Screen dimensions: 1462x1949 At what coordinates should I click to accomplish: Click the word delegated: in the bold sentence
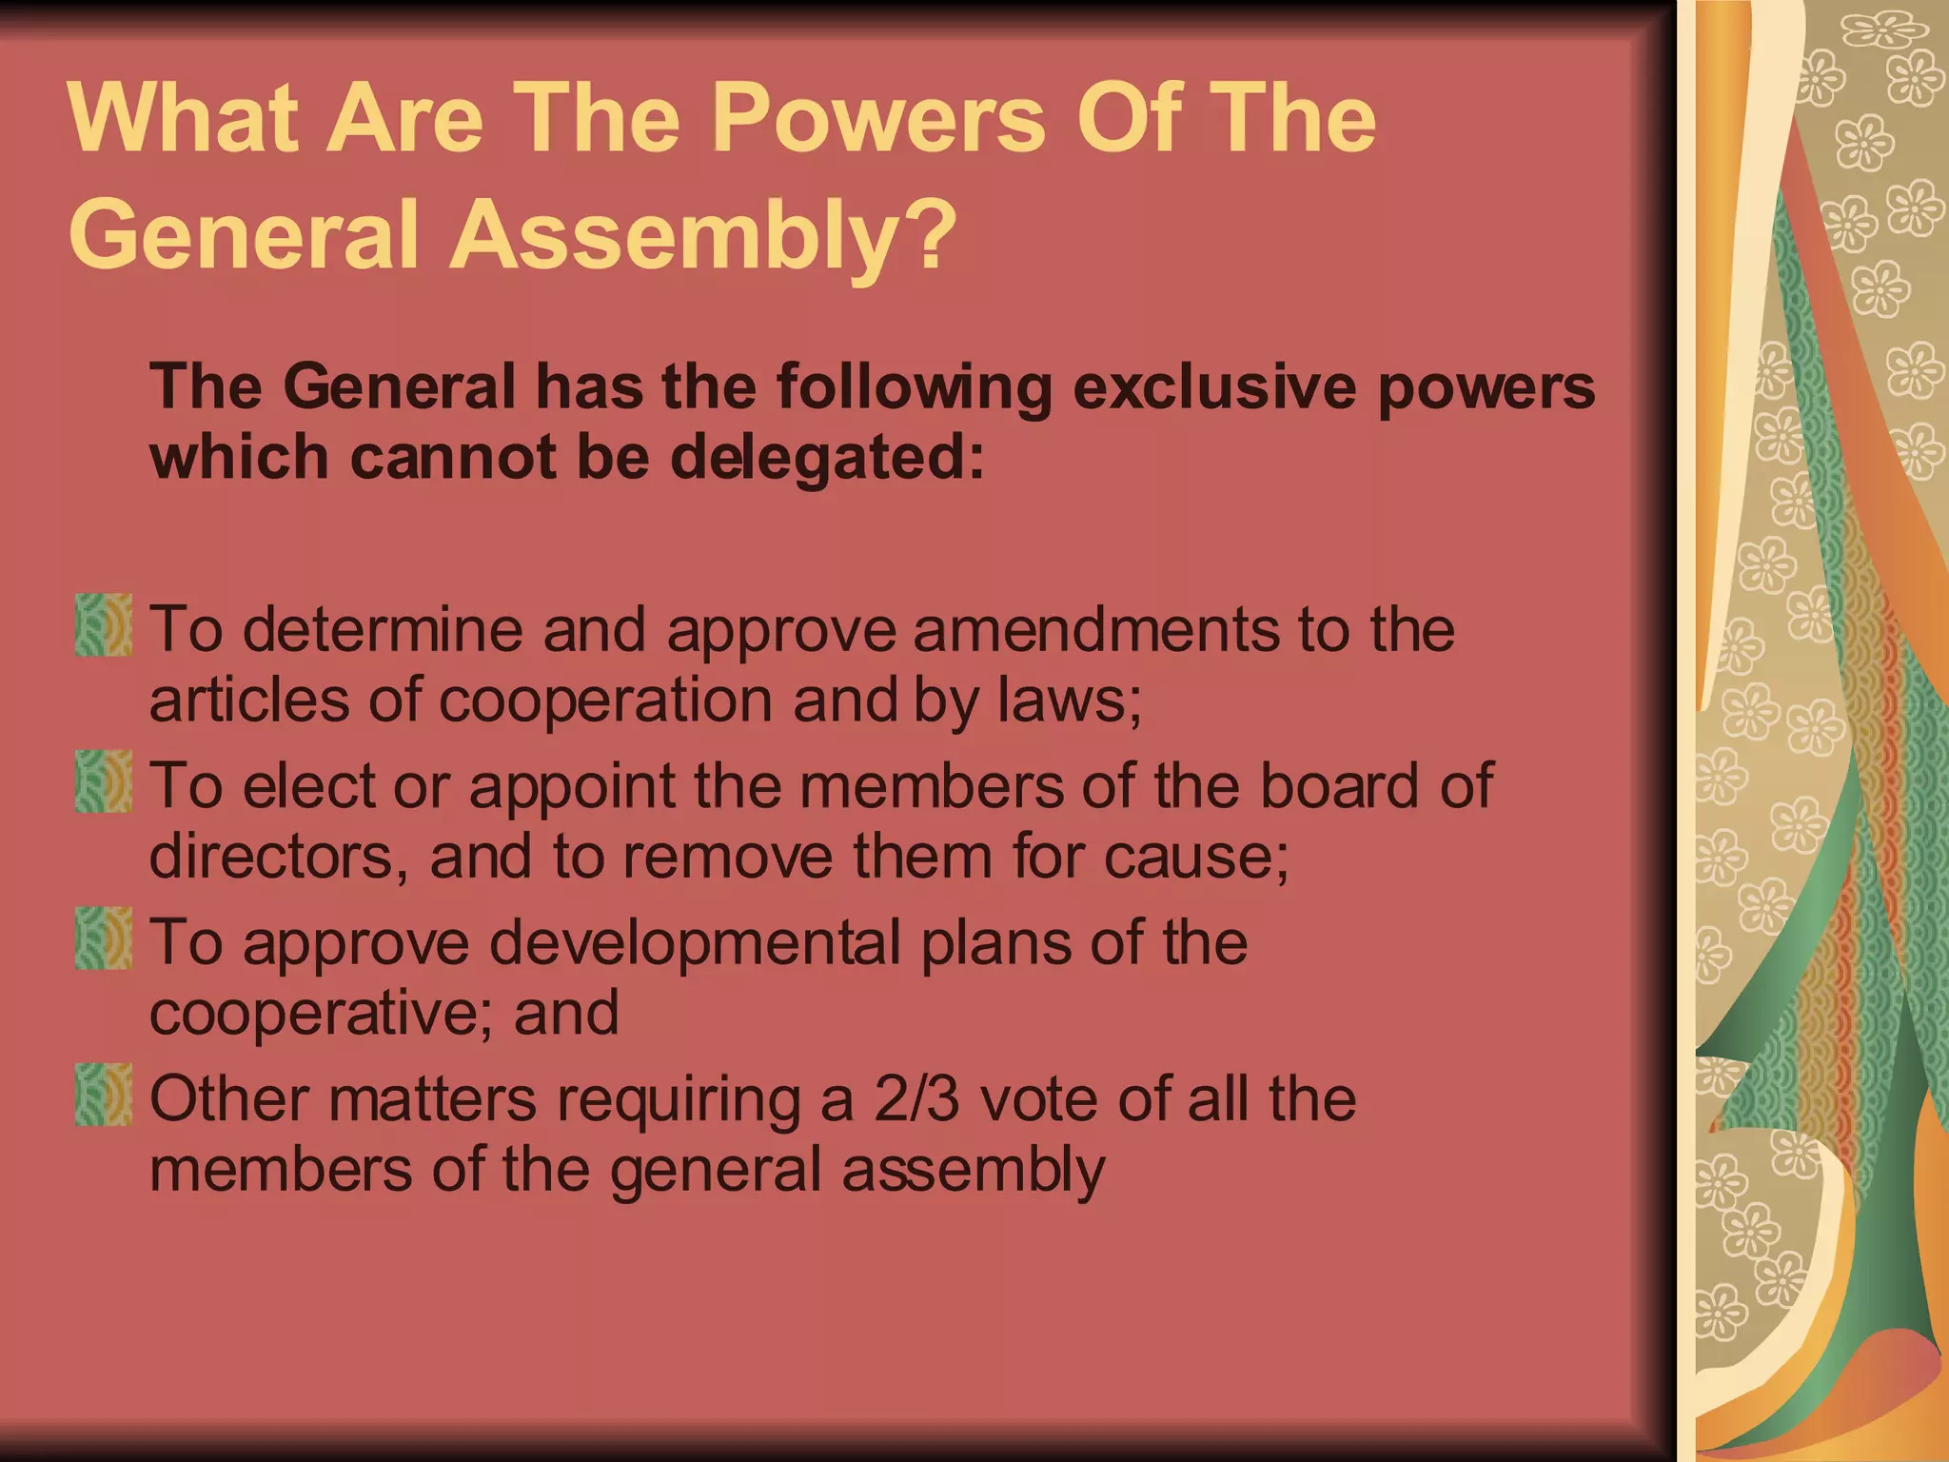pyautogui.click(x=827, y=458)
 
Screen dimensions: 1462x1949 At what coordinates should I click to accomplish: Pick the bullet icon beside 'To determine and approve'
pyautogui.click(x=103, y=625)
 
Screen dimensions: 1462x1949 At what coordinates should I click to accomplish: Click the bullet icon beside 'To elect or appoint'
pyautogui.click(x=103, y=781)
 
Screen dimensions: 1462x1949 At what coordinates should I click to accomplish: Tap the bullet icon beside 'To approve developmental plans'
pyautogui.click(x=103, y=938)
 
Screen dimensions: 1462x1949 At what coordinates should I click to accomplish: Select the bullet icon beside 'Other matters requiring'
pyautogui.click(x=103, y=1095)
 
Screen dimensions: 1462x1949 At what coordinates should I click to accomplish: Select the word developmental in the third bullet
pyautogui.click(x=695, y=943)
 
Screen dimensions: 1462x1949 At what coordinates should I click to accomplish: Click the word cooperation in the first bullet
pyautogui.click(x=605, y=701)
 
